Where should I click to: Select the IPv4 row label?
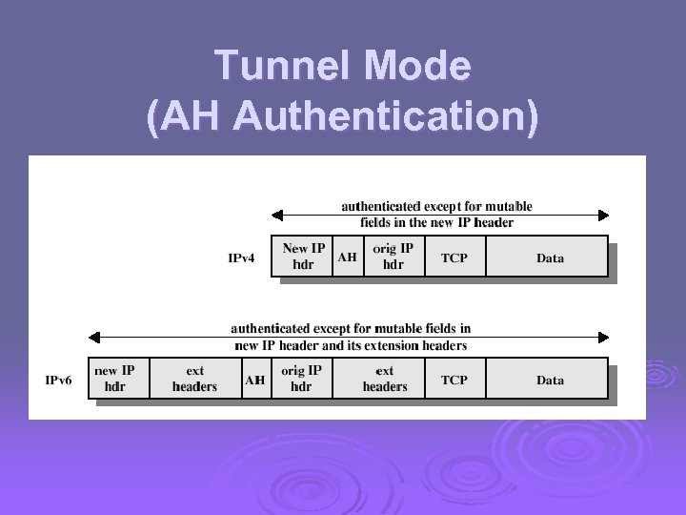click(x=241, y=257)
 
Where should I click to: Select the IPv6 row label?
click(x=59, y=380)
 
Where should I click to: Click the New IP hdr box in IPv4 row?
click(x=303, y=257)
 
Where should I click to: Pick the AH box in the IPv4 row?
click(x=348, y=257)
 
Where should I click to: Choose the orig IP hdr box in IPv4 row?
click(x=393, y=257)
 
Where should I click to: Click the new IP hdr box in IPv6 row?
click(x=114, y=379)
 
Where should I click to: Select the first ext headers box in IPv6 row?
click(x=194, y=379)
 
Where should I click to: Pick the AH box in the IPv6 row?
click(x=254, y=380)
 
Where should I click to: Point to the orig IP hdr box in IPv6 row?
click(x=301, y=379)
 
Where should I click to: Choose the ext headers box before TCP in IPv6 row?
click(x=385, y=379)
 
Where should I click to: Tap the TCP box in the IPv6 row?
click(x=454, y=380)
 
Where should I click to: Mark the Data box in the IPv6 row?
click(x=549, y=380)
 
